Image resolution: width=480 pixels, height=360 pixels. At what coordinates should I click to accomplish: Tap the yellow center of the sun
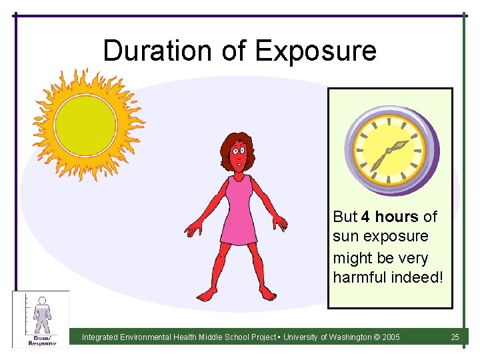[85, 125]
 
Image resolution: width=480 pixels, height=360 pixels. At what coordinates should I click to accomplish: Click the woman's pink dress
[239, 210]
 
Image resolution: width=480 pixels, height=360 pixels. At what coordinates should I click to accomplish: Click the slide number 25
[455, 337]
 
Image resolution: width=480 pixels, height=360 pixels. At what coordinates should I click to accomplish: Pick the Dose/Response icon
[41, 319]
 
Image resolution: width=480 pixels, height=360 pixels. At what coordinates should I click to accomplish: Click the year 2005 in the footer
[391, 337]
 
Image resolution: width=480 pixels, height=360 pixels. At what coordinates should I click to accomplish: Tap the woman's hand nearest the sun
[193, 229]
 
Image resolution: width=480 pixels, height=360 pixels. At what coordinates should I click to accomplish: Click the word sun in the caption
[345, 237]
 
